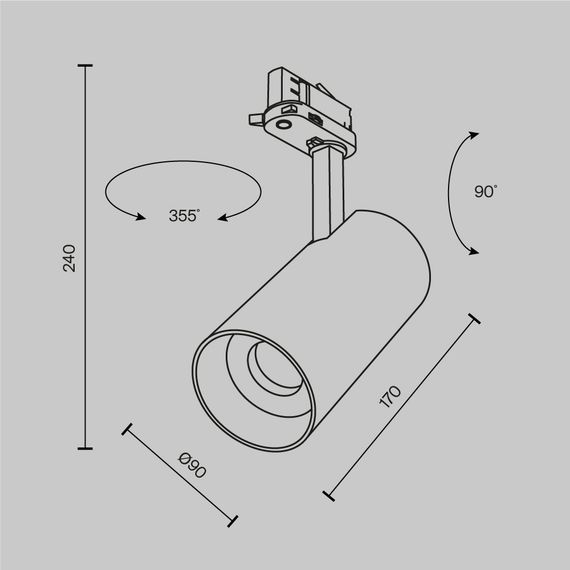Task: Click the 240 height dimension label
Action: click(69, 258)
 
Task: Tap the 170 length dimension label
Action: click(391, 398)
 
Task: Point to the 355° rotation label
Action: click(184, 215)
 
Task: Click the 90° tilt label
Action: click(486, 191)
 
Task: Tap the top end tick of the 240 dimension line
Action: click(85, 67)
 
